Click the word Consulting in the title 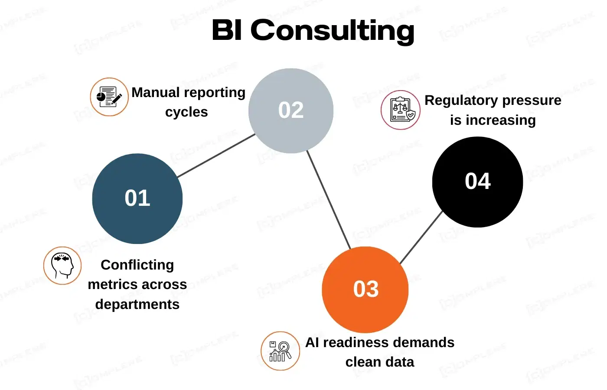click(333, 31)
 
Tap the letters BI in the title click(227, 30)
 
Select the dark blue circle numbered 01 click(137, 198)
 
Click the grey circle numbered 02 click(291, 110)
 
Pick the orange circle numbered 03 click(366, 289)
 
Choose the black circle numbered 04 click(477, 182)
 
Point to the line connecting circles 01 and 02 click(216, 156)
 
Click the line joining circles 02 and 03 click(329, 200)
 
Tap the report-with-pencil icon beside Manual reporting click(109, 97)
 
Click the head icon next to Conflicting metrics click(62, 265)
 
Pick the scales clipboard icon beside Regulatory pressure click(401, 110)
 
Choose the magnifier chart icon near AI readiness click(280, 351)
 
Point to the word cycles click(186, 112)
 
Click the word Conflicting click(137, 265)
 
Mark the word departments click(137, 304)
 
